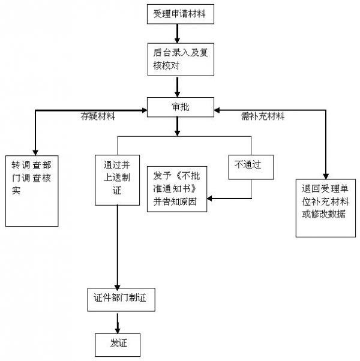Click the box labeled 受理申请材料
pos(179,14)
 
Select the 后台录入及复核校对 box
pos(179,59)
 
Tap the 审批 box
pos(179,107)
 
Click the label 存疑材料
pos(98,116)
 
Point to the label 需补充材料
pos(262,116)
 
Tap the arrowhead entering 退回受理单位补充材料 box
pos(326,173)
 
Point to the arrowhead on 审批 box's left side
pos(145,110)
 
